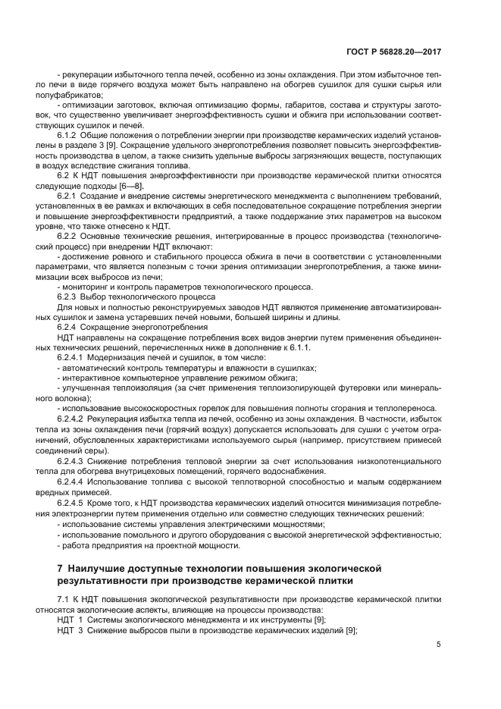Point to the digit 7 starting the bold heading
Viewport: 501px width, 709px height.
(x=61, y=568)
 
